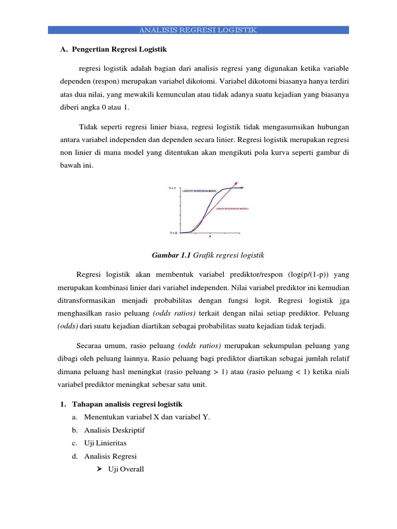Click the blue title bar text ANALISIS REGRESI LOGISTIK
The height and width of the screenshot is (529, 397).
[198, 30]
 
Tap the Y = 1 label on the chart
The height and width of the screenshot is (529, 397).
[173, 189]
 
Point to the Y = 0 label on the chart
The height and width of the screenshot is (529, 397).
[173, 233]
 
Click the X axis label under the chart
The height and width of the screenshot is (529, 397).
[209, 237]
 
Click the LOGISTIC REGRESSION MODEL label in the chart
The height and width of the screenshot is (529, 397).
[200, 191]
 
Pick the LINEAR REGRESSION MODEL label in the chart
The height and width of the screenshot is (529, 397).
[232, 209]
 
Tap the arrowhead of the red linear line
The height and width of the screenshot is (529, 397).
[237, 183]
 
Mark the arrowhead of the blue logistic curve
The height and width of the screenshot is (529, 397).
[243, 188]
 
